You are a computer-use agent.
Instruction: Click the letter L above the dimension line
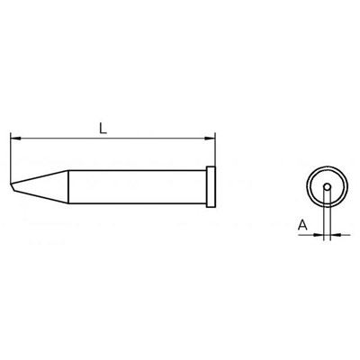click(x=103, y=129)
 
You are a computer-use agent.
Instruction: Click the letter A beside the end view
click(x=303, y=225)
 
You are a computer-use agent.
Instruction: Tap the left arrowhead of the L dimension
click(x=15, y=139)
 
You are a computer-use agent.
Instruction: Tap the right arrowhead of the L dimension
click(x=210, y=139)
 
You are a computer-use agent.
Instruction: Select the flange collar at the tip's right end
click(x=211, y=186)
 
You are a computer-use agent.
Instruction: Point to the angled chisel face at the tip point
click(x=12, y=187)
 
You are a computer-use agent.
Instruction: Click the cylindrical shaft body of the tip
click(x=138, y=187)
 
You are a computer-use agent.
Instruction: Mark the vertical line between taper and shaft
click(x=68, y=187)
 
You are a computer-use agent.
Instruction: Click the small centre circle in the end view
click(x=328, y=187)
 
